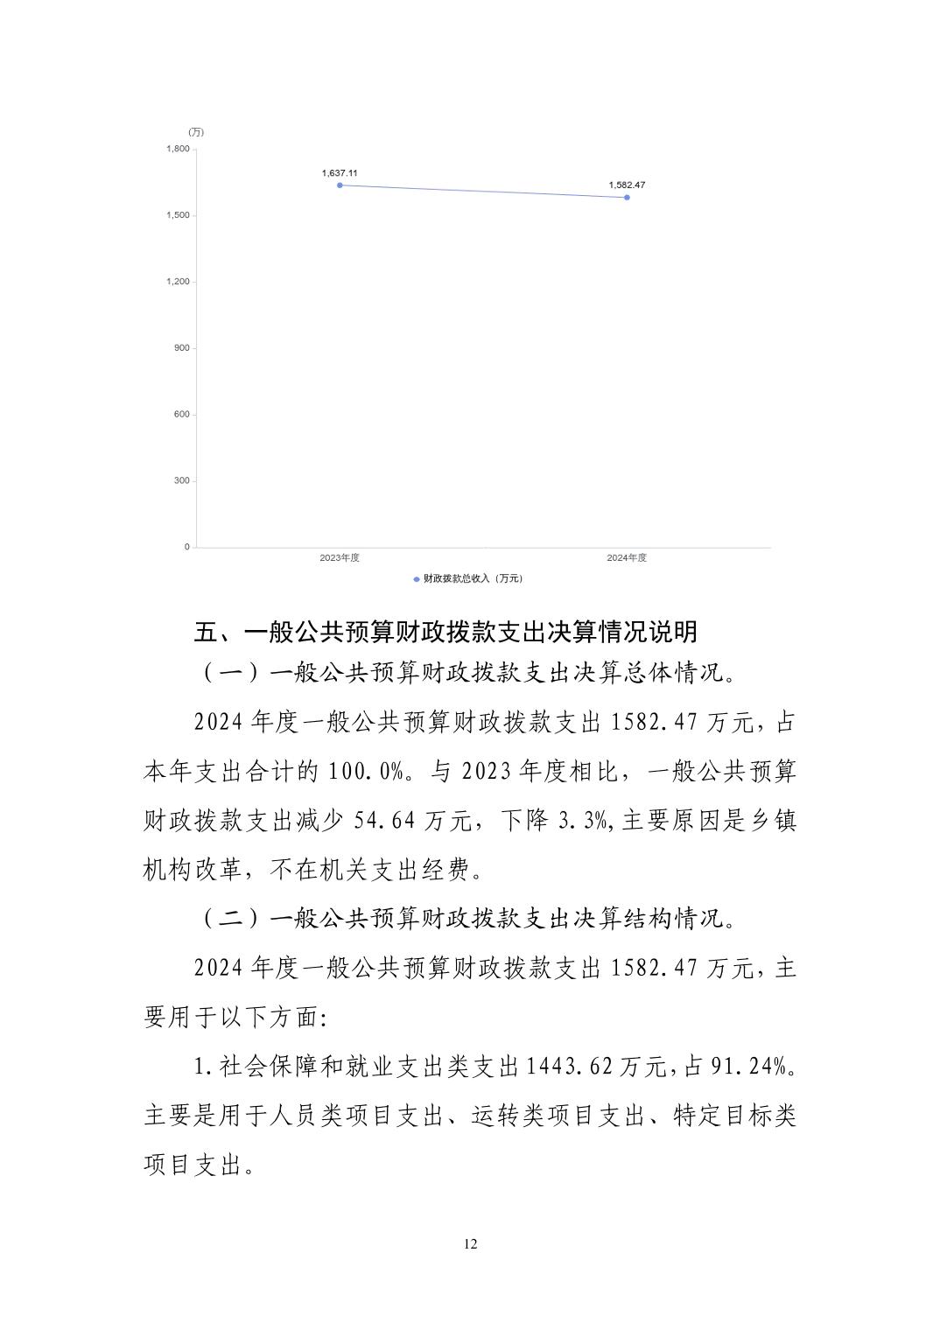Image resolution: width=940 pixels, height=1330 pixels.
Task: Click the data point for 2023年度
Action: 340,185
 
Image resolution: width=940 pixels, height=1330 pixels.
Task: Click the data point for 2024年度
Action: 627,198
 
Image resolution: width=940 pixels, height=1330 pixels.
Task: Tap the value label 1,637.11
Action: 340,173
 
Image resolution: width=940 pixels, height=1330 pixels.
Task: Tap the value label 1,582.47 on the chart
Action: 627,185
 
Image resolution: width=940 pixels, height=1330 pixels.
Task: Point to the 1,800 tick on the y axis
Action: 178,149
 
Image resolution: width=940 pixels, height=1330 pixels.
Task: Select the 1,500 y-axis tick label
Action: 178,215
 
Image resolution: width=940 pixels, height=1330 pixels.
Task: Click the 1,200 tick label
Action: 178,282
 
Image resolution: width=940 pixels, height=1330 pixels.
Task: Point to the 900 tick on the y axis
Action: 181,348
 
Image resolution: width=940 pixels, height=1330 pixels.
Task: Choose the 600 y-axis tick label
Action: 181,415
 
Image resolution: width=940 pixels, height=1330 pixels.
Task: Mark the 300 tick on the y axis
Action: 181,481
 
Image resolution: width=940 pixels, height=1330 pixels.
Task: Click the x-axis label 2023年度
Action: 340,558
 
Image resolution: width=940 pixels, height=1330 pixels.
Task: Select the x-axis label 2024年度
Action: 627,558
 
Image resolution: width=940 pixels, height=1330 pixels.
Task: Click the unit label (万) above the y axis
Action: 196,132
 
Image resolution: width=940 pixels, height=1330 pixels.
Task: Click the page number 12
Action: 471,1244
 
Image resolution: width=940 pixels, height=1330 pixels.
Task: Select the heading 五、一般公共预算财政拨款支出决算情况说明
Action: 445,632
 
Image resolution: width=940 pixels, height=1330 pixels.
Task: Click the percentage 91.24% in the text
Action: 754,1067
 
